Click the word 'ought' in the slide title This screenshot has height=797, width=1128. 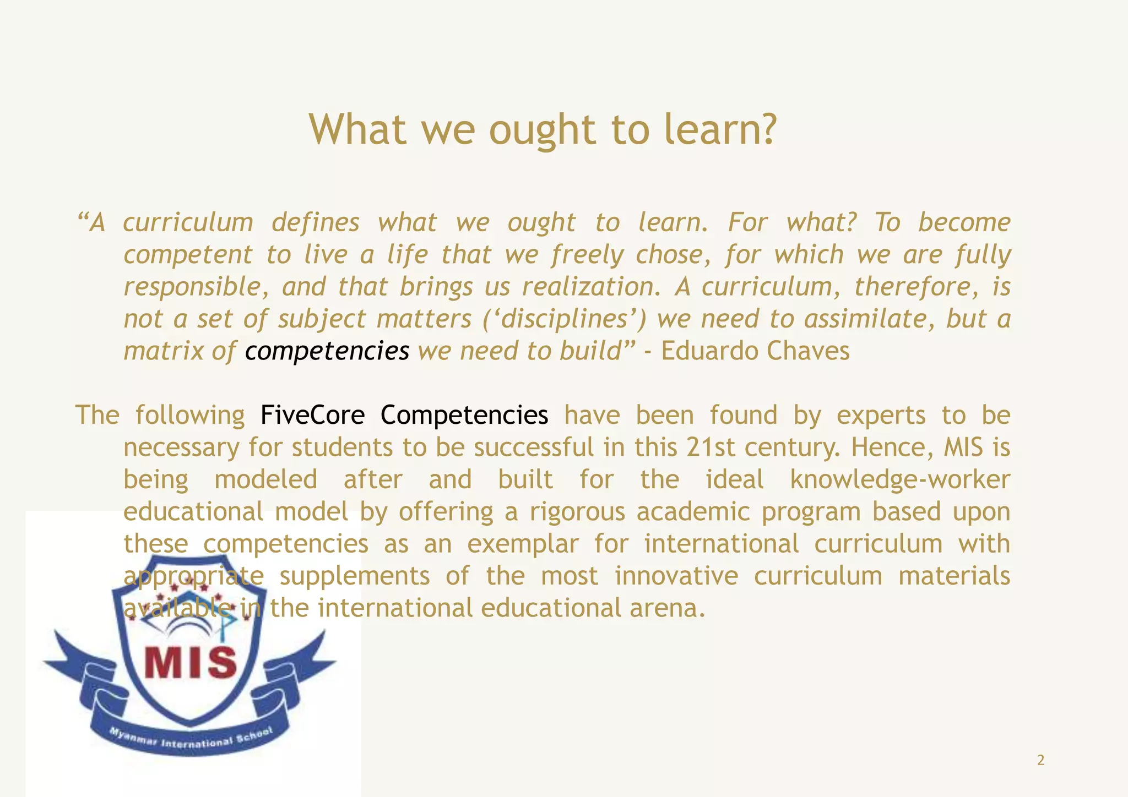click(x=542, y=130)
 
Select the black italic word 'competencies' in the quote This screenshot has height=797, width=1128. click(x=327, y=351)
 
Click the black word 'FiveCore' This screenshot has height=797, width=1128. click(x=312, y=415)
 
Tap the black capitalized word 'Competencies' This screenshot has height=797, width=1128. click(x=464, y=415)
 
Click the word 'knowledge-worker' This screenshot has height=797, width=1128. click(x=900, y=479)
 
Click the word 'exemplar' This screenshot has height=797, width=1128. click(x=523, y=544)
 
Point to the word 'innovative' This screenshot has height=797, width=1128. click(x=676, y=576)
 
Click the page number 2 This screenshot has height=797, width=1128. click(x=1040, y=760)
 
